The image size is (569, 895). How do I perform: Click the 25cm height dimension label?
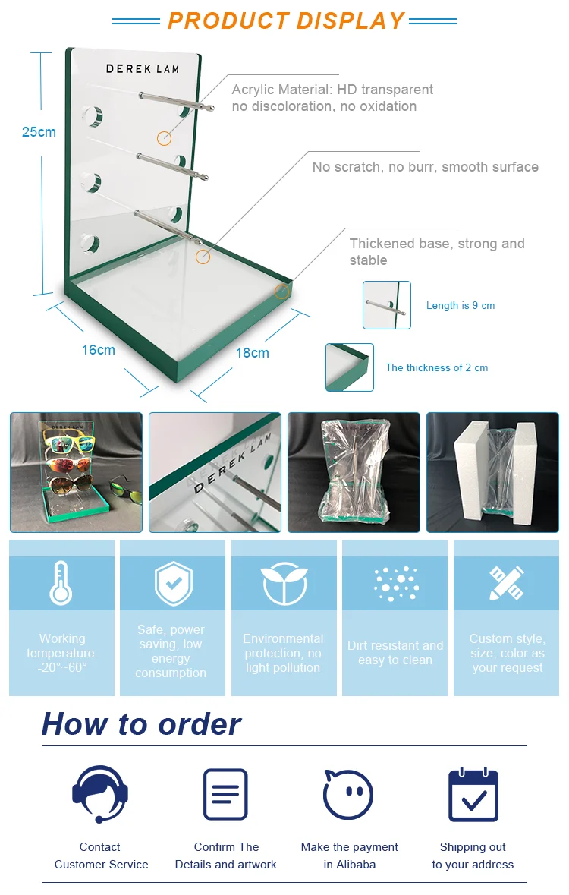[39, 132]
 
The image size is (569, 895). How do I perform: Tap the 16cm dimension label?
[98, 350]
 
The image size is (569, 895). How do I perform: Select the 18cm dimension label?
[252, 353]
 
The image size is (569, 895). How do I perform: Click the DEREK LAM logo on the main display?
[143, 69]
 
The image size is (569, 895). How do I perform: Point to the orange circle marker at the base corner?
[281, 291]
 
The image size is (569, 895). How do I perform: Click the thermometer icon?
[61, 583]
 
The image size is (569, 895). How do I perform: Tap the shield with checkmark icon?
[174, 583]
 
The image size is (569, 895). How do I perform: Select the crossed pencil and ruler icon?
[507, 583]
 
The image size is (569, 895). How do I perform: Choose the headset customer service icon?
[100, 794]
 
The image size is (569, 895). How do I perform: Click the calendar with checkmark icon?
[473, 794]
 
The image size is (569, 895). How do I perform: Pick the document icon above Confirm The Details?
[225, 794]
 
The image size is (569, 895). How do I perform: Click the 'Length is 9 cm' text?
[461, 305]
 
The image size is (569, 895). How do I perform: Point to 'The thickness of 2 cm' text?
[436, 367]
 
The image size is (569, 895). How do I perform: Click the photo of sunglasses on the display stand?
[76, 473]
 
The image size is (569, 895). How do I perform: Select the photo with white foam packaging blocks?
[492, 473]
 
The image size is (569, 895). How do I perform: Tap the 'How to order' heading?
[142, 724]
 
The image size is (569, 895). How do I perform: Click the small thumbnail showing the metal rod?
[387, 305]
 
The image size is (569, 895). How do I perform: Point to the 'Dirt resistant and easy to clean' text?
[395, 652]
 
